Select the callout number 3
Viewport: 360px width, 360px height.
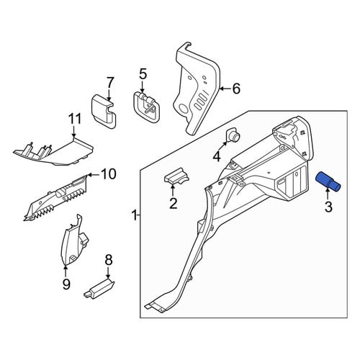pyautogui.click(x=328, y=207)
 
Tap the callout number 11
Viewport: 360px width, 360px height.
pyautogui.click(x=75, y=119)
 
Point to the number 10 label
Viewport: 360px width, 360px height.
pyautogui.click(x=109, y=174)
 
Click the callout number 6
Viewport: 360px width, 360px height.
pyautogui.click(x=236, y=89)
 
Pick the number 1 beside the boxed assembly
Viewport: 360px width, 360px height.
pyautogui.click(x=135, y=215)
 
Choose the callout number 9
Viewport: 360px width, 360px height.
pyautogui.click(x=66, y=284)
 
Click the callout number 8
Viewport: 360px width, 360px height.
pyautogui.click(x=109, y=260)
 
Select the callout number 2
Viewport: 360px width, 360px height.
pyautogui.click(x=173, y=204)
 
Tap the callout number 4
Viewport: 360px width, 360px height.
pyautogui.click(x=217, y=156)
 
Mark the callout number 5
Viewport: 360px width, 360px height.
pyautogui.click(x=143, y=74)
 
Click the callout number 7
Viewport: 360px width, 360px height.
pyautogui.click(x=109, y=83)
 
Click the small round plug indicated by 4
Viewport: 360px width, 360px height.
pyautogui.click(x=233, y=136)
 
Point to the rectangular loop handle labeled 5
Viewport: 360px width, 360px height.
pyautogui.click(x=146, y=108)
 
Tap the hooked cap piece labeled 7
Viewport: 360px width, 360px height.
pyautogui.click(x=104, y=112)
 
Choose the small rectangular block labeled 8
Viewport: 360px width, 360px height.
pyautogui.click(x=99, y=287)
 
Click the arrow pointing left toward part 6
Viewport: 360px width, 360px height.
pyautogui.click(x=225, y=89)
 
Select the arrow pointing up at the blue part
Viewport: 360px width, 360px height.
pyautogui.click(x=328, y=194)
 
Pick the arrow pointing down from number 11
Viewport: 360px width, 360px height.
pyautogui.click(x=73, y=132)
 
